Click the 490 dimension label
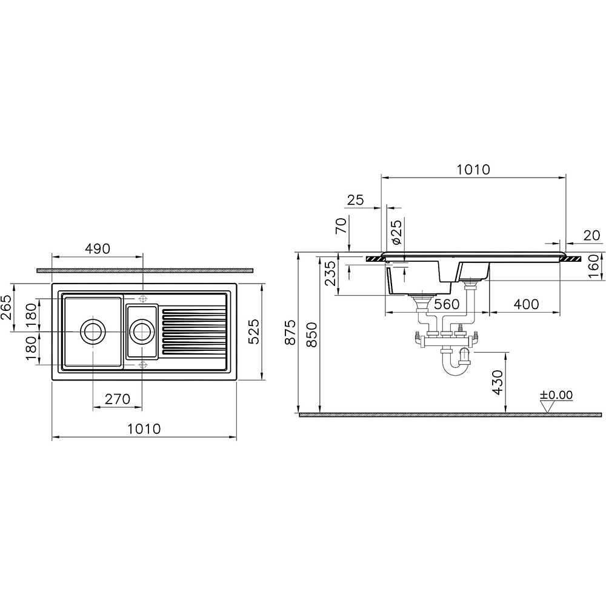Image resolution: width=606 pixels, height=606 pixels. point(98,249)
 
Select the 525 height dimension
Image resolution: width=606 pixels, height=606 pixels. point(253,331)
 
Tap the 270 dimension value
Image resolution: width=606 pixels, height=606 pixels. point(118,399)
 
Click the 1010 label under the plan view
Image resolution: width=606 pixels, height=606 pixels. point(144,428)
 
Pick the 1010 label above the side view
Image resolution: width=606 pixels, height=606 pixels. point(473,169)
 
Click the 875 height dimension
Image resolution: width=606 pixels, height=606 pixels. point(290,332)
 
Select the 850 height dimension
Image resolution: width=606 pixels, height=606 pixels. point(311,335)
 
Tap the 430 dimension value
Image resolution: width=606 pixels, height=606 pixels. point(498,382)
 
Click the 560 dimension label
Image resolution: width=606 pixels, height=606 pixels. point(447,304)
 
